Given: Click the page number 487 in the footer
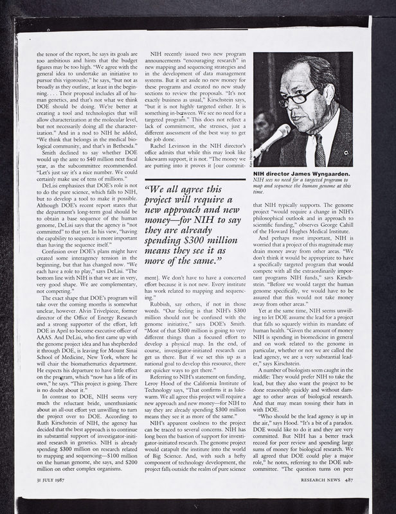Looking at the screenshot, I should (x=347, y=479).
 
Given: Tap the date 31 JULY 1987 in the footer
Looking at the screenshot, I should (x=53, y=479).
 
